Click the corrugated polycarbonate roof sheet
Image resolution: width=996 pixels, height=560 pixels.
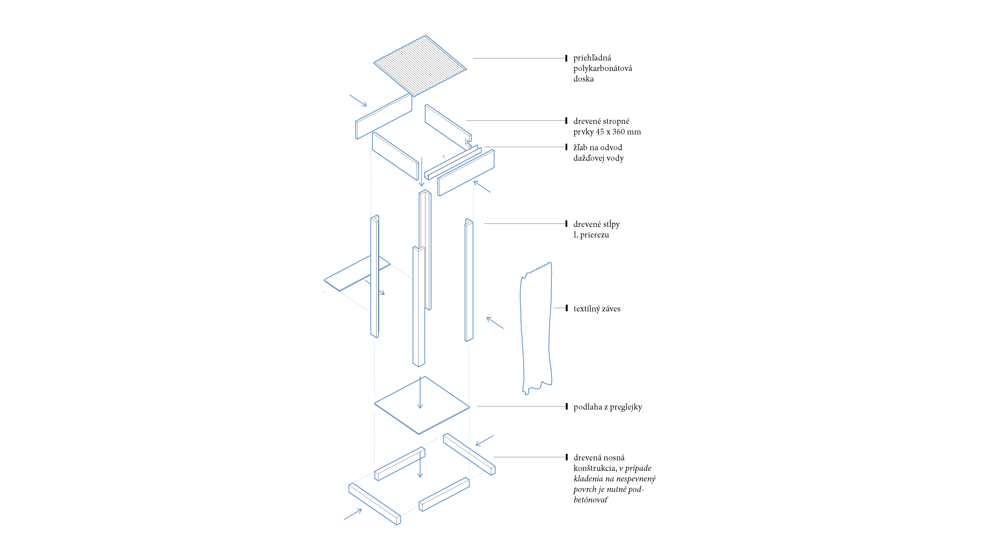pos(420,66)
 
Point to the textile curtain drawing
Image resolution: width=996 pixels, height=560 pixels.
pos(536,328)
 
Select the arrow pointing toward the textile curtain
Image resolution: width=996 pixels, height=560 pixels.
pos(495,323)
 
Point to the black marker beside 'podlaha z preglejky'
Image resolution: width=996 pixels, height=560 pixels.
pos(566,407)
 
